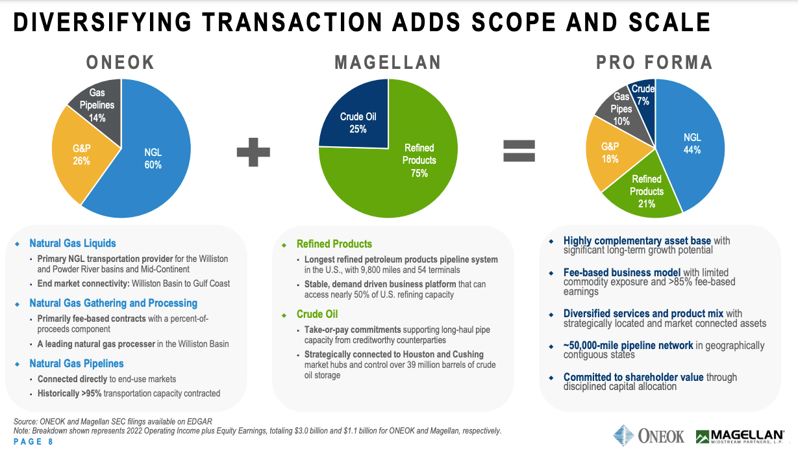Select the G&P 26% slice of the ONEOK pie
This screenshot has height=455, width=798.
click(x=82, y=155)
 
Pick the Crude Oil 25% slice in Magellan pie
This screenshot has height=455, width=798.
click(x=358, y=122)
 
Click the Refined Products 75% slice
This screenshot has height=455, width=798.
click(x=416, y=162)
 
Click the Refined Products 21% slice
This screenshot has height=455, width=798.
click(x=646, y=191)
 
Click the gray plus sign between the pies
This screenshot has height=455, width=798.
click(x=253, y=153)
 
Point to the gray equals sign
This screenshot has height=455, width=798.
click(x=519, y=151)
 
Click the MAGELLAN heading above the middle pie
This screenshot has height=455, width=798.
click(x=388, y=62)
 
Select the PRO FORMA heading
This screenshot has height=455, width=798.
click(x=655, y=62)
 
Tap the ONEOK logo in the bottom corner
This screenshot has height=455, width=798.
click(x=649, y=435)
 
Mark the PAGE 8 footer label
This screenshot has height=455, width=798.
click(x=34, y=442)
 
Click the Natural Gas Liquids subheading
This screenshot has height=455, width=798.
click(x=73, y=243)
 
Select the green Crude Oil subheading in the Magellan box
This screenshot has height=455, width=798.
click(x=318, y=314)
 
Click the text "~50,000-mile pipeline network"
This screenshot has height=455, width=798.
click(x=628, y=345)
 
